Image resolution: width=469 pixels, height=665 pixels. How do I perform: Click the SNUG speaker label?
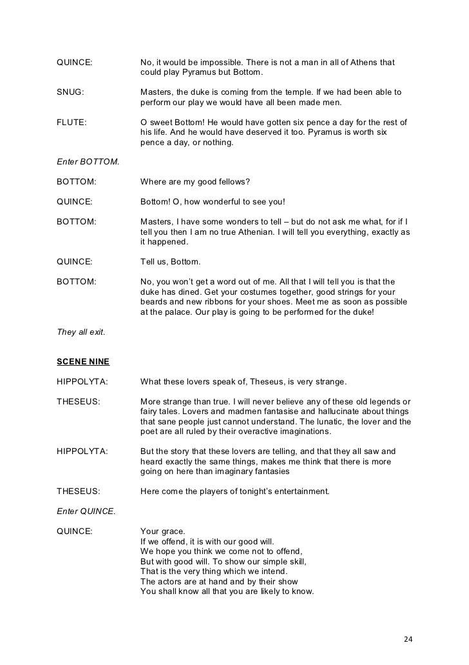coord(70,92)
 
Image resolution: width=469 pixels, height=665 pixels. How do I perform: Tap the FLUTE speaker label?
coord(72,123)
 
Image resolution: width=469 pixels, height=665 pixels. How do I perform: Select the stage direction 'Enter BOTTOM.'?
coord(88,161)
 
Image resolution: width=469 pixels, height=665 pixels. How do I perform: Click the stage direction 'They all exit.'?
coord(81,332)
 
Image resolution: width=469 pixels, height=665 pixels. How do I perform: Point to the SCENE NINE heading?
coord(83,362)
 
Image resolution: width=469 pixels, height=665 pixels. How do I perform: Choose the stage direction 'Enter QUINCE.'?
coord(86,511)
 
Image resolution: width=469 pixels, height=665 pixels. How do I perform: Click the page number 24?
coord(406,639)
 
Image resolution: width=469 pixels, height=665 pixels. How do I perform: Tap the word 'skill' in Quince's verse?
coord(294,561)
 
